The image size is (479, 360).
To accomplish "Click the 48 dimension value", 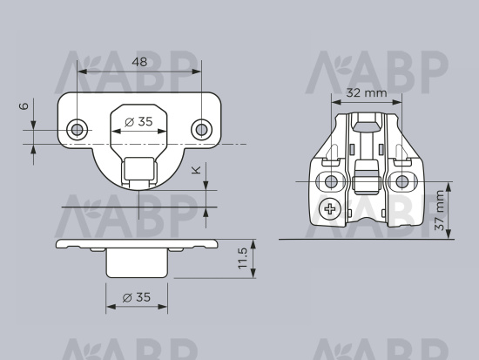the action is (x=139, y=62).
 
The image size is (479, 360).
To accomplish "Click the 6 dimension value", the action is (x=24, y=105).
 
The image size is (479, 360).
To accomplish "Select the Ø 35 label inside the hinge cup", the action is (x=138, y=122).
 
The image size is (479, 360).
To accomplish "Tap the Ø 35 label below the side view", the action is (x=137, y=297).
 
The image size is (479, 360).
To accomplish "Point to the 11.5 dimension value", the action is (x=243, y=259).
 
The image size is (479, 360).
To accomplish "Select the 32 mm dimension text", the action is (x=367, y=92).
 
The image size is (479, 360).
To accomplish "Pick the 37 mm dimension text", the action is (x=440, y=210).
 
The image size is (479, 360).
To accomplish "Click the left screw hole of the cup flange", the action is (x=77, y=130).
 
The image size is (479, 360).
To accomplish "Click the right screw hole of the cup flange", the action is (x=201, y=130).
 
